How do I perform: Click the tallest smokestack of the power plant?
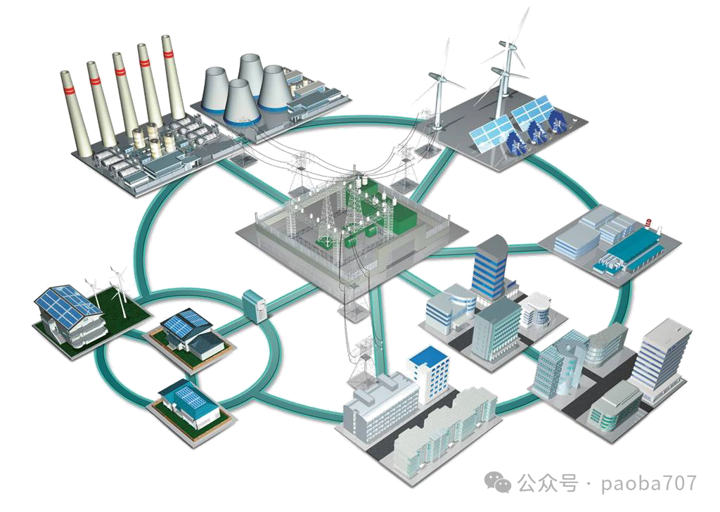[173, 78]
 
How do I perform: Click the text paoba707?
[649, 483]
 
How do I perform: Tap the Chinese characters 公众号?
[547, 483]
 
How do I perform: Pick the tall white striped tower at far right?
[661, 354]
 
